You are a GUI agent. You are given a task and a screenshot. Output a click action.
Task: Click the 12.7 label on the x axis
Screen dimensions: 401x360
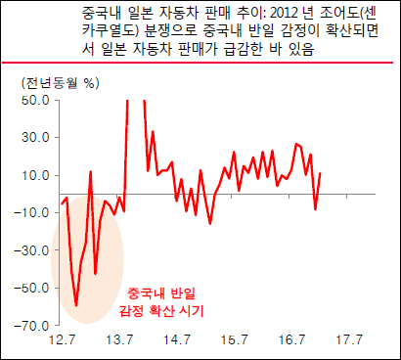pos(62,340)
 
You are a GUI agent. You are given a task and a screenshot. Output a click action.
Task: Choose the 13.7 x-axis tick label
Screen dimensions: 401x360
pos(119,340)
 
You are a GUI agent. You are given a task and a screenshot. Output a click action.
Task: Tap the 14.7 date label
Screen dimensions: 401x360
pos(177,340)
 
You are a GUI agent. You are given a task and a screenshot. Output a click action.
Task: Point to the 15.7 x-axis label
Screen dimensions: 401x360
pos(234,340)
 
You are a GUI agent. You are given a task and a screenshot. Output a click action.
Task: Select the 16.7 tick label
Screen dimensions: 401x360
pos(291,340)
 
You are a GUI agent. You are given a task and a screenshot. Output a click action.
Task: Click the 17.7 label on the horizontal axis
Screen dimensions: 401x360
pos(349,340)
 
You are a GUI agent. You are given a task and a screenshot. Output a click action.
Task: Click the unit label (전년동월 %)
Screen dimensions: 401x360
pos(61,83)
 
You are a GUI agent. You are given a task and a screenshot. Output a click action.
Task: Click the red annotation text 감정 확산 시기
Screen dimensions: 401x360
pos(161,311)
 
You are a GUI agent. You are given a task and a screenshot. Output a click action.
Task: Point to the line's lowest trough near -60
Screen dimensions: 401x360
pos(76,305)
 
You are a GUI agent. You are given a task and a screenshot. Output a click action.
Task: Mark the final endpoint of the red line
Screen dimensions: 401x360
pos(321,173)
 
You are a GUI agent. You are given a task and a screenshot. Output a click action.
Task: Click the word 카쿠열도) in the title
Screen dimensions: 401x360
pos(111,31)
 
